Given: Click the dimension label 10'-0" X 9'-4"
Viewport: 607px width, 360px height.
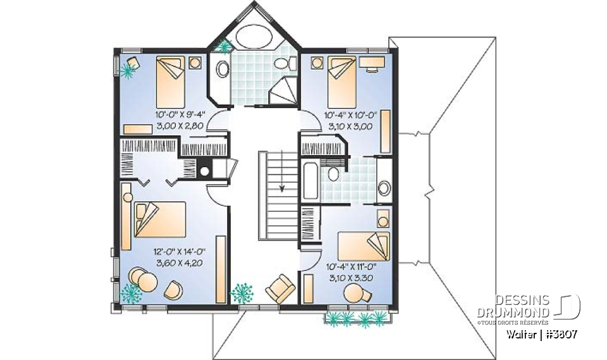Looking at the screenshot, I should [180, 115].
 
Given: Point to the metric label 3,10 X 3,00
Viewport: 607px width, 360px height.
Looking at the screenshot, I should [350, 126].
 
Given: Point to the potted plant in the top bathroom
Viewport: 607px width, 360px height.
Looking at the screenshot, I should [224, 45].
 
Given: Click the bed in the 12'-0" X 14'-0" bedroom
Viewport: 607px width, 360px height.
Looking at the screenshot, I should [159, 220].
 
